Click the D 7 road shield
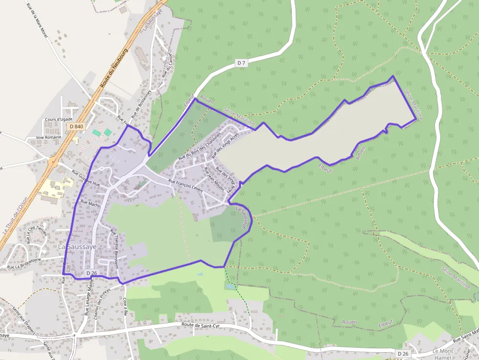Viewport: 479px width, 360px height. tap(241, 63)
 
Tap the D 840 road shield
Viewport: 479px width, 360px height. tap(76, 127)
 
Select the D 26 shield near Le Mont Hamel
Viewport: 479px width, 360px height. tap(402, 353)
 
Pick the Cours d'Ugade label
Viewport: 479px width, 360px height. tap(59, 119)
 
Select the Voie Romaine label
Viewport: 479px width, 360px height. tap(49, 137)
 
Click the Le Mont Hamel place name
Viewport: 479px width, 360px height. tap(443, 354)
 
